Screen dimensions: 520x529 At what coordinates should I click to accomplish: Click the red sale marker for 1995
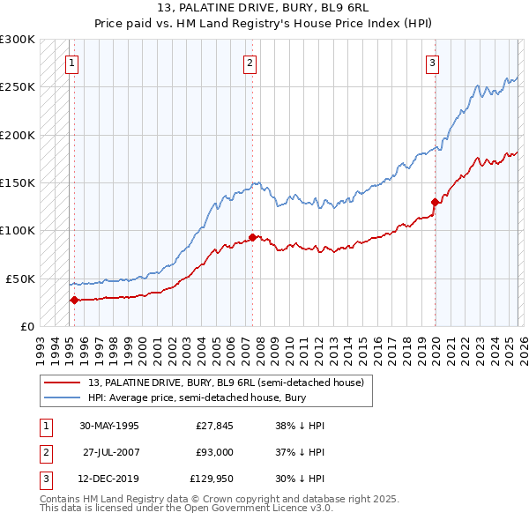click(x=74, y=300)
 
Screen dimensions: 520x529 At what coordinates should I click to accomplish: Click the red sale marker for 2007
click(x=253, y=237)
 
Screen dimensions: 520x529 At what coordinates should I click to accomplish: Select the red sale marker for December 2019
click(x=435, y=202)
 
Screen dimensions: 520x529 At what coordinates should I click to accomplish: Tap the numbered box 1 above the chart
click(x=71, y=63)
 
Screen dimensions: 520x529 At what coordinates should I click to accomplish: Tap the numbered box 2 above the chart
click(x=250, y=63)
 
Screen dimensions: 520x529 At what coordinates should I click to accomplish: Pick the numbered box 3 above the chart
click(x=433, y=63)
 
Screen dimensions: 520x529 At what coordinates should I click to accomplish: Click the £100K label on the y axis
click(x=18, y=231)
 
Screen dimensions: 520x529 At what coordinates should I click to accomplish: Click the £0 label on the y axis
click(x=26, y=326)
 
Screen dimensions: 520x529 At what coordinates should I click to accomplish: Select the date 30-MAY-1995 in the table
click(x=109, y=426)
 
